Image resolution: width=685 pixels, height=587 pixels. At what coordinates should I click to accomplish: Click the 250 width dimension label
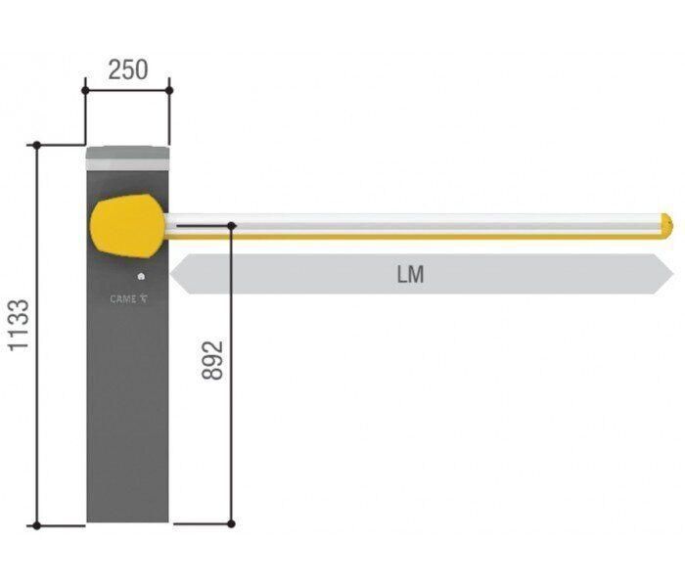click(x=128, y=69)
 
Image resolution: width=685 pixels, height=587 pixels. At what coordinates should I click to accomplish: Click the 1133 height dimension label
click(x=19, y=325)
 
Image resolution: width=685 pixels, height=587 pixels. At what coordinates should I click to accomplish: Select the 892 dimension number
click(x=212, y=360)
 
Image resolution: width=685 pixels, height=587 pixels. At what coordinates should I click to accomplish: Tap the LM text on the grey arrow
click(x=410, y=274)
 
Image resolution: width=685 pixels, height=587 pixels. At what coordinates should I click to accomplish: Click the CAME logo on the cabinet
click(x=129, y=299)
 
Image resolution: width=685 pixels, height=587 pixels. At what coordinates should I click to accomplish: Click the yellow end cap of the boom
click(x=666, y=226)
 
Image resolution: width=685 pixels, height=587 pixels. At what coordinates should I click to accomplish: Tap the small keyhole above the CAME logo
click(x=141, y=277)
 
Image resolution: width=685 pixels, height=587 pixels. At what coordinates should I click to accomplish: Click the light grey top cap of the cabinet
click(x=127, y=158)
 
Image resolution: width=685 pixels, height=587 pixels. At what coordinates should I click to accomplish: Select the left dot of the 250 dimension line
click(x=85, y=90)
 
